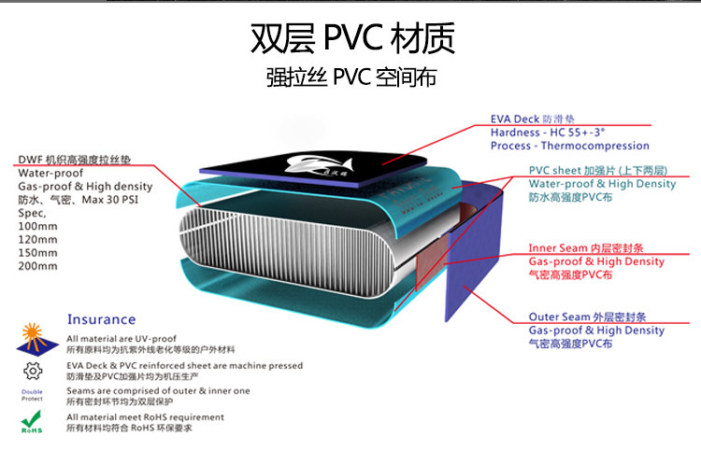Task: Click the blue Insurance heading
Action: pyautogui.click(x=101, y=319)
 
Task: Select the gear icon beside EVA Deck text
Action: pyautogui.click(x=32, y=370)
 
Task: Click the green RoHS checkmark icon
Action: pyautogui.click(x=32, y=422)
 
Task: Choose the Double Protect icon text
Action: pyautogui.click(x=32, y=395)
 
